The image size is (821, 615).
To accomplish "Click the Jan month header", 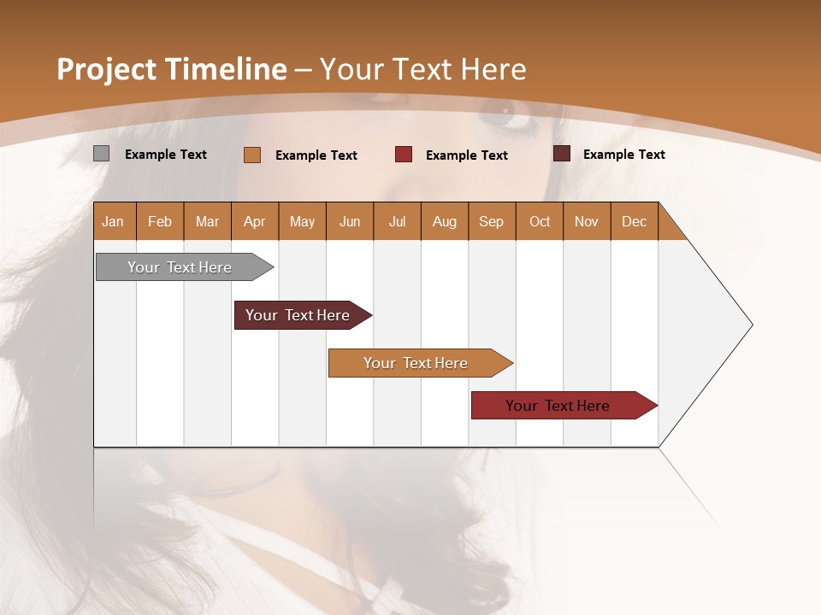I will click(x=114, y=221).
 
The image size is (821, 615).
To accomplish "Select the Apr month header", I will click(x=255, y=221).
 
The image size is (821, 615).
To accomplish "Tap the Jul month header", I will click(x=397, y=221).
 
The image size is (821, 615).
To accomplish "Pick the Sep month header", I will click(x=492, y=221).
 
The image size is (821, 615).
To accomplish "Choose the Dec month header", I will click(x=634, y=221).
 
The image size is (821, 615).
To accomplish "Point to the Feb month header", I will click(x=160, y=221).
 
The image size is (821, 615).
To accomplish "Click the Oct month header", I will click(x=540, y=221).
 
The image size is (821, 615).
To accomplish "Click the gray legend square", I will click(x=101, y=154).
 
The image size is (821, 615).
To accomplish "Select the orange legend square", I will click(x=252, y=155).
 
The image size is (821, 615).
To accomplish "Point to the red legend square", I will click(x=404, y=155).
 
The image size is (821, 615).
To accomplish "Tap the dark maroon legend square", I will click(x=562, y=154).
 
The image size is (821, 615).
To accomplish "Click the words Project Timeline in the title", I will click(x=172, y=69).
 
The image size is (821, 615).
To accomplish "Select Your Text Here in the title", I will click(x=422, y=69).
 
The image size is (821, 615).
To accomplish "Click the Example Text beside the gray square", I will click(x=166, y=155).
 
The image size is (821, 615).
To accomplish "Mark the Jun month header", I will click(x=350, y=221).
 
